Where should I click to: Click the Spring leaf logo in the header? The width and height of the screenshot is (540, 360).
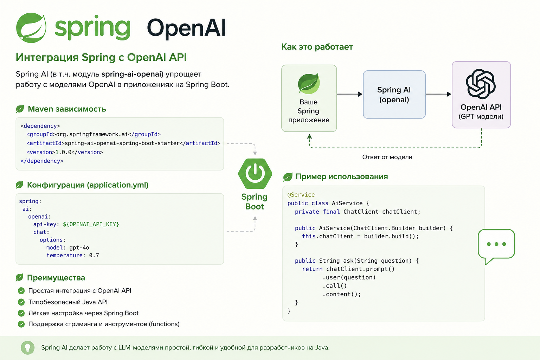click(31, 28)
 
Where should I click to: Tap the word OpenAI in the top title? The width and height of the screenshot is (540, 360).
click(186, 28)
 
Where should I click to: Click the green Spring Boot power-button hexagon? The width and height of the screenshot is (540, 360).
click(255, 174)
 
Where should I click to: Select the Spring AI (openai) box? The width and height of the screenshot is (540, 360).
click(394, 95)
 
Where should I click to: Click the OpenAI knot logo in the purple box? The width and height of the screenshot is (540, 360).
click(481, 84)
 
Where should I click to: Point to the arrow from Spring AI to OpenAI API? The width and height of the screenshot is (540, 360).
click(438, 94)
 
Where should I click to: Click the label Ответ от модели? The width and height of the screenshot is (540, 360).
click(387, 157)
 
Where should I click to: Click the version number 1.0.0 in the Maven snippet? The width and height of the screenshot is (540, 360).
click(63, 152)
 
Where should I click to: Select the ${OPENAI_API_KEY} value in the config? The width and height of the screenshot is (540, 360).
click(91, 224)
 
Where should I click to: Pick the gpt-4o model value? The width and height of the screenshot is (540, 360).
click(79, 247)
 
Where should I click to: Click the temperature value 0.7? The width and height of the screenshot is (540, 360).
click(94, 255)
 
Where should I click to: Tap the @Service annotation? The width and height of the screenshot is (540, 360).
click(301, 194)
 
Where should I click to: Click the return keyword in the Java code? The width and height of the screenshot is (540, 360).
click(312, 269)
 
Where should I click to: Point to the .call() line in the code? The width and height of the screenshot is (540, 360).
click(335, 286)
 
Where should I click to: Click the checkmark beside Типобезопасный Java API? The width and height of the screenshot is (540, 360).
click(21, 302)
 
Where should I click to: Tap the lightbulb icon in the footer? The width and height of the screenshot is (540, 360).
click(27, 348)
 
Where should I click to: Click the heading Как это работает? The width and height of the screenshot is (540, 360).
click(317, 47)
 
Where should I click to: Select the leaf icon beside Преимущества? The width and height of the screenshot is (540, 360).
click(20, 277)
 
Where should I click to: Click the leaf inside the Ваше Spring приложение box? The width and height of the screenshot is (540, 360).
click(309, 83)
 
